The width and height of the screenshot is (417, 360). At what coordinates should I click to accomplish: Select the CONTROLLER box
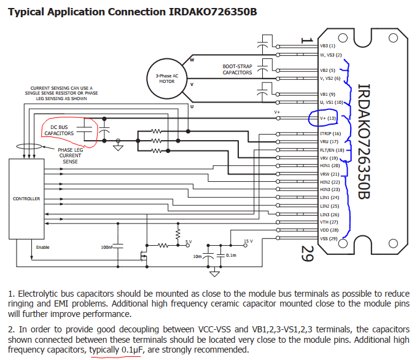pyautogui.click(x=26, y=198)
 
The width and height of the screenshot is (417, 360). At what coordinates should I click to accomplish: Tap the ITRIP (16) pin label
pyautogui.click(x=330, y=133)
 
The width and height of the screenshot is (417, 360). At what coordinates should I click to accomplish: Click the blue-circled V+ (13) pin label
pyautogui.click(x=329, y=118)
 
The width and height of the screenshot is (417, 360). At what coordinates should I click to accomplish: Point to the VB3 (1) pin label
pyautogui.click(x=327, y=45)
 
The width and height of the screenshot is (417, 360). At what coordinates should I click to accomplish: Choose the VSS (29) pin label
pyautogui.click(x=329, y=238)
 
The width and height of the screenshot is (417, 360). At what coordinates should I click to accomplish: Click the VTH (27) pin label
pyautogui.click(x=329, y=222)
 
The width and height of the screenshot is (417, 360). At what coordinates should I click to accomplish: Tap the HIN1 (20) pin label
pyautogui.click(x=329, y=166)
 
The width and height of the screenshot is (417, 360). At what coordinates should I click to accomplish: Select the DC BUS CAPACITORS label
pyautogui.click(x=60, y=130)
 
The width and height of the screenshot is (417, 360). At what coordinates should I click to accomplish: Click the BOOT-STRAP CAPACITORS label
pyautogui.click(x=237, y=69)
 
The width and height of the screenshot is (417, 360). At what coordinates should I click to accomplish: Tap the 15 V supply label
pyautogui.click(x=247, y=241)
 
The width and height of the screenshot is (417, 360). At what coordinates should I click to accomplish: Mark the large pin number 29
pyautogui.click(x=308, y=253)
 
